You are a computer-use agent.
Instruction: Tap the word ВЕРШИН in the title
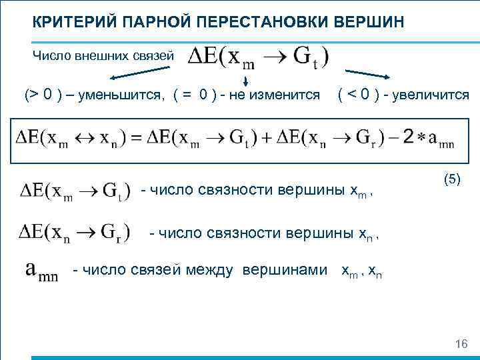(373, 22)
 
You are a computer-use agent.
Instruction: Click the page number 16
(461, 344)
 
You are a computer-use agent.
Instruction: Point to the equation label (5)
(451, 179)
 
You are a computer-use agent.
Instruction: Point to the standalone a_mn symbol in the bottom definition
(42, 271)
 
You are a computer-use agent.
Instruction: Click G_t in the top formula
(313, 56)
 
